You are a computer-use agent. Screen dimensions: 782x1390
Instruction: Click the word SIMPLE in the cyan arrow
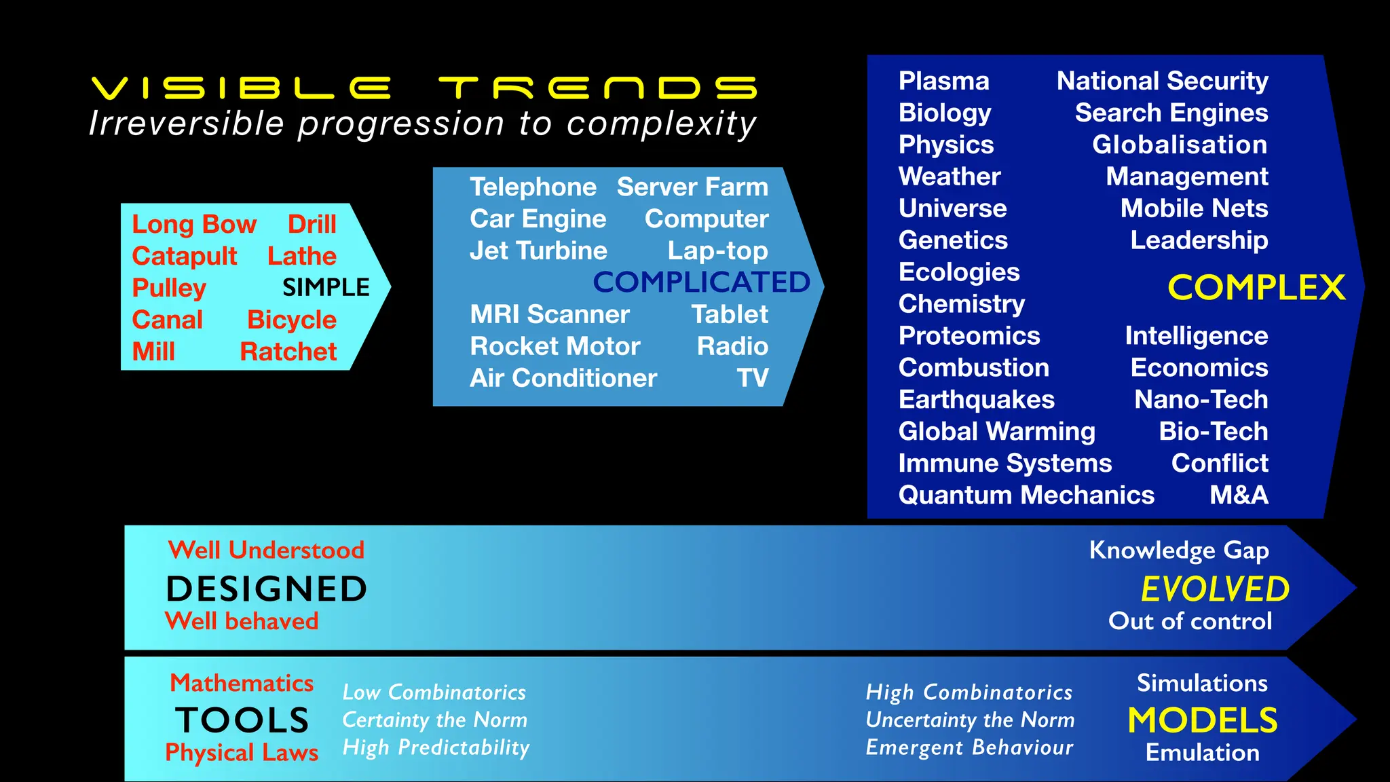click(x=326, y=287)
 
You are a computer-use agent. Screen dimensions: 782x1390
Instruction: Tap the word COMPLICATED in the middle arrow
click(x=701, y=282)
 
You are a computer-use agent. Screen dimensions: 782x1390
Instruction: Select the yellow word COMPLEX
click(x=1256, y=288)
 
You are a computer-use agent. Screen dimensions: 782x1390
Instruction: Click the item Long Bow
click(x=194, y=224)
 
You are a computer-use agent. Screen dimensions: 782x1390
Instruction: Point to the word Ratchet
click(x=288, y=352)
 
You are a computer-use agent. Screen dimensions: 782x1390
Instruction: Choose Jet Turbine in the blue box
click(x=538, y=250)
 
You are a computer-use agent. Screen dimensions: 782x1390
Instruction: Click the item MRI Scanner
click(x=550, y=314)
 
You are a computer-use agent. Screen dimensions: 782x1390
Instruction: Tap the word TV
click(x=753, y=378)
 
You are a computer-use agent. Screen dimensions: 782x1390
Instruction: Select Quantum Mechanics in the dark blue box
click(x=1026, y=495)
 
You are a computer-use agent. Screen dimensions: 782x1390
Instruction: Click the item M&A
click(x=1239, y=495)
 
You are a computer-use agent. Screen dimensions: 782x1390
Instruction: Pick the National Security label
click(x=1162, y=81)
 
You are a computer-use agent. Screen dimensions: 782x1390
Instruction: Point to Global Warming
click(x=996, y=431)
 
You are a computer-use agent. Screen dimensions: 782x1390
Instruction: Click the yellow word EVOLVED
click(x=1215, y=589)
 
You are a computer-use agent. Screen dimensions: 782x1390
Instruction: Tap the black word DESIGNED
click(x=266, y=589)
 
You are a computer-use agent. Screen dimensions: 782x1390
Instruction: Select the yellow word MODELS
click(x=1202, y=720)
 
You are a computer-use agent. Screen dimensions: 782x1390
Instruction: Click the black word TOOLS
click(x=242, y=720)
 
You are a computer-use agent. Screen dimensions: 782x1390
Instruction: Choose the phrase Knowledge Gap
click(x=1179, y=550)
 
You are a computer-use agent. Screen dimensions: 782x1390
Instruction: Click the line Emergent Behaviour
click(x=969, y=747)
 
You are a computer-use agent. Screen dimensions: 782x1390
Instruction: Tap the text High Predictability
click(x=436, y=747)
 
